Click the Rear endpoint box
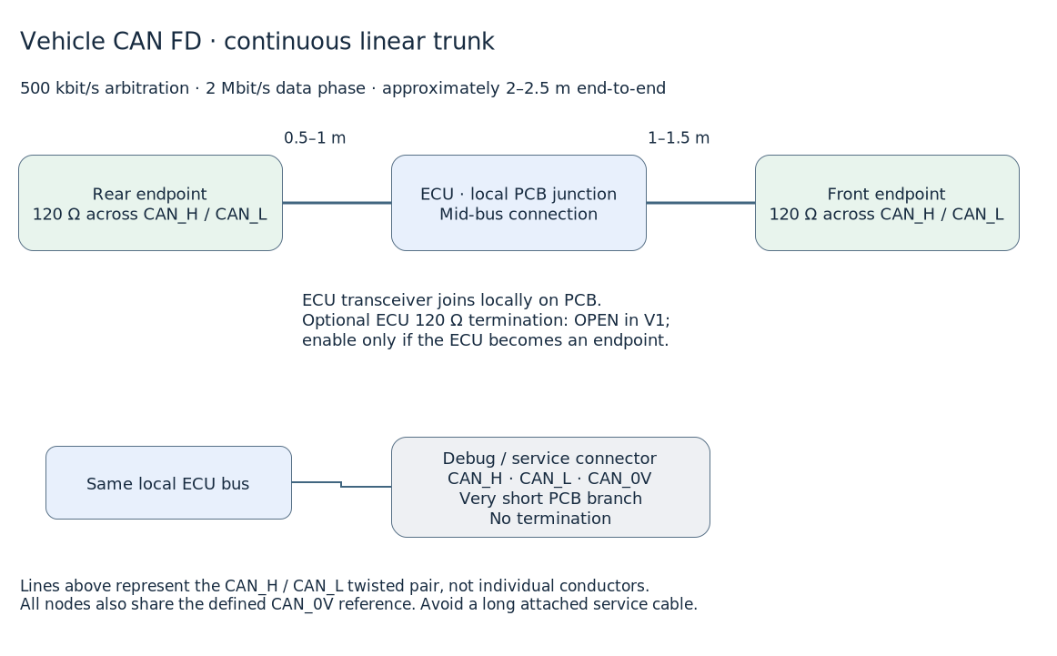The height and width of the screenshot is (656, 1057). click(150, 203)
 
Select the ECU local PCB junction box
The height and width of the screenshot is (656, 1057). click(519, 203)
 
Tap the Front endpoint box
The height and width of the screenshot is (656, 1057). click(887, 203)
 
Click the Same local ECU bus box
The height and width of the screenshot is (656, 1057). click(168, 483)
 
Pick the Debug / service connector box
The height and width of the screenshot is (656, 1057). click(550, 488)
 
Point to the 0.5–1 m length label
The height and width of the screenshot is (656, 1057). click(315, 138)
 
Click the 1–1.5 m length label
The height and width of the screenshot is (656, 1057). click(679, 138)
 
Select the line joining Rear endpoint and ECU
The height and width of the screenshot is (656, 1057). click(337, 202)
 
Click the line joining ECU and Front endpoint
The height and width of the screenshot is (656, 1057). click(701, 202)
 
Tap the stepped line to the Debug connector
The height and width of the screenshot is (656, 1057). click(341, 484)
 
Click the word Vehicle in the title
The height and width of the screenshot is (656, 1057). click(63, 42)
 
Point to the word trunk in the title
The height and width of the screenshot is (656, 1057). click(464, 42)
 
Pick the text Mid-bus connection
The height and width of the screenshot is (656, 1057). click(518, 215)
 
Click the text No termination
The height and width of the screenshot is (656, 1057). click(550, 519)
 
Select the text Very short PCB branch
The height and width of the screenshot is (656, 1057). click(550, 499)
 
